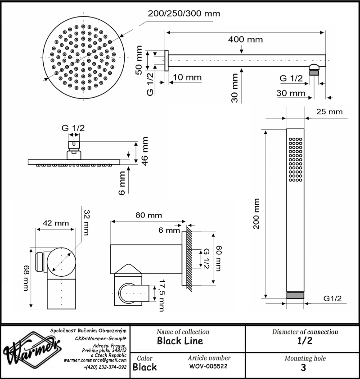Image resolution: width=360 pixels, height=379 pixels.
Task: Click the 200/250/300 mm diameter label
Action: click(x=184, y=14)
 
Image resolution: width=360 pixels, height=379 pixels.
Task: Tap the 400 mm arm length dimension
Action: click(x=246, y=40)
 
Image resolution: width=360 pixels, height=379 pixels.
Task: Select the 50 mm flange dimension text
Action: click(x=139, y=60)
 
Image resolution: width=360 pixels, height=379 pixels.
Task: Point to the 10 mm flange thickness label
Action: click(x=187, y=77)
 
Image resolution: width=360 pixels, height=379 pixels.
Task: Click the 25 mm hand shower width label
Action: click(x=329, y=112)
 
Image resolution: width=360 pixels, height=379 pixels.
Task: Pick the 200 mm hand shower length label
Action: click(x=256, y=214)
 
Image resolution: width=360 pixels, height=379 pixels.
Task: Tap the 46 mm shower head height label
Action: click(x=145, y=151)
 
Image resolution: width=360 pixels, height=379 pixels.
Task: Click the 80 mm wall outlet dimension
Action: click(x=148, y=215)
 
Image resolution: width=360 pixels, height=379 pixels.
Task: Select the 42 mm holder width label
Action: click(x=56, y=223)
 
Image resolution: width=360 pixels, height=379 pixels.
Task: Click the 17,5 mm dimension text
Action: click(x=162, y=296)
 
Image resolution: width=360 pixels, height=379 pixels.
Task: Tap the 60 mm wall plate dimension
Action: click(x=218, y=258)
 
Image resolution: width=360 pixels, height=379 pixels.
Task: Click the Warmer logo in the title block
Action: click(x=31, y=348)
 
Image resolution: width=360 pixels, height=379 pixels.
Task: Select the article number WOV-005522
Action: click(x=208, y=366)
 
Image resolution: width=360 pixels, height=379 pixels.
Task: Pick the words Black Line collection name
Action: click(x=180, y=341)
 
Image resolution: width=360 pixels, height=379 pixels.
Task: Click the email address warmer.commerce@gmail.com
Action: click(x=95, y=360)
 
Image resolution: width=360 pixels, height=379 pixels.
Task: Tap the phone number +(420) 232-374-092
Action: click(x=105, y=367)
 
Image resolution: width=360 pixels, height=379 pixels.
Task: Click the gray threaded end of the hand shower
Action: click(x=295, y=295)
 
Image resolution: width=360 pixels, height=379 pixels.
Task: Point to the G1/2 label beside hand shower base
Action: click(x=333, y=298)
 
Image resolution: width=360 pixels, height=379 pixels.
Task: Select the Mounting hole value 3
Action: click(x=303, y=368)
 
